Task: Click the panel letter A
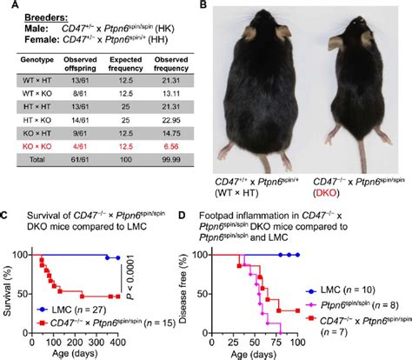point(6,7)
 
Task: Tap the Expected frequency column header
point(126,76)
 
